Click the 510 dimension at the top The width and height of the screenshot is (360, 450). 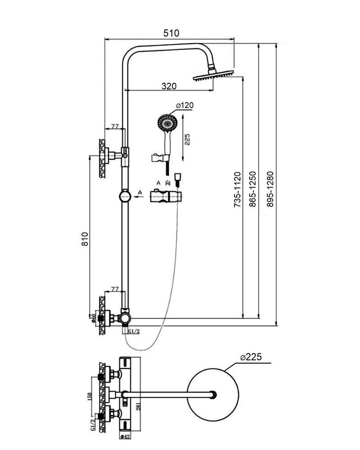(x=171, y=33)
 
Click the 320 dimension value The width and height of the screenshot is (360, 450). (x=168, y=86)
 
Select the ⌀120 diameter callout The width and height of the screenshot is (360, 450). (x=184, y=105)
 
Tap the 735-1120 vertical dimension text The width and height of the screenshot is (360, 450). (x=238, y=189)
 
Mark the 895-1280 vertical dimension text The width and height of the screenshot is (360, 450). (x=270, y=189)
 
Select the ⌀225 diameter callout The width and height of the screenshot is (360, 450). (x=251, y=358)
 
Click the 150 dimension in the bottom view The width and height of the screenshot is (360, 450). (x=90, y=397)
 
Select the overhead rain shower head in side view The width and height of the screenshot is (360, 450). (x=214, y=77)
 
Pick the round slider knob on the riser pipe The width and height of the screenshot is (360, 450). (x=124, y=196)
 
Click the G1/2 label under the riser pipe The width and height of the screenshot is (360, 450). (x=134, y=332)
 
